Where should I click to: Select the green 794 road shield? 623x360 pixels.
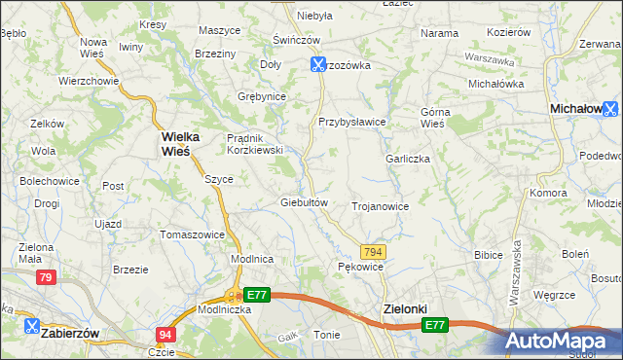click(373, 252)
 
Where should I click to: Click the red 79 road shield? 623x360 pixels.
click(45, 278)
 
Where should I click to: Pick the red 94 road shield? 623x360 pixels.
click(165, 335)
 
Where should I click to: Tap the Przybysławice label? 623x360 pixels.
click(352, 122)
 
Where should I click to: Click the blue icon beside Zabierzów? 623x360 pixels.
click(31, 327)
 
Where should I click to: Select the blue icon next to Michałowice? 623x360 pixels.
click(610, 110)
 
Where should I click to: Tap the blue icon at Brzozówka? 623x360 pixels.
click(317, 65)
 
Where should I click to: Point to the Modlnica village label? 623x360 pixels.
click(251, 259)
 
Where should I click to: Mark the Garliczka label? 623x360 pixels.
click(408, 159)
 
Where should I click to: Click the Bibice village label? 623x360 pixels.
click(487, 255)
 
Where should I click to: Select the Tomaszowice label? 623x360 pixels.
click(192, 234)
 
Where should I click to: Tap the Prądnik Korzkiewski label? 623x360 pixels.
click(254, 144)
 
